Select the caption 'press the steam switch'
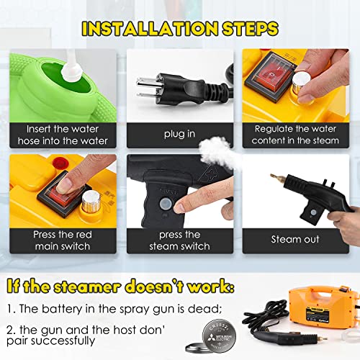pyautogui.click(x=179, y=240)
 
